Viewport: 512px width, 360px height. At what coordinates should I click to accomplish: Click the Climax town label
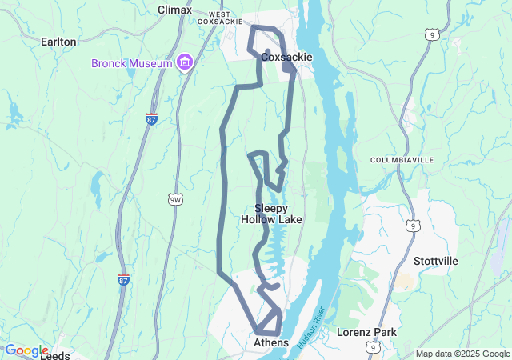(174, 10)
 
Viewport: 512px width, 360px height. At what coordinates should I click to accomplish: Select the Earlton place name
(58, 42)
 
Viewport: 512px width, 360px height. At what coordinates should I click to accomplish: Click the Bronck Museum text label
(131, 62)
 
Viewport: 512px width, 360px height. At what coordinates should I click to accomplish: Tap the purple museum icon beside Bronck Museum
(185, 62)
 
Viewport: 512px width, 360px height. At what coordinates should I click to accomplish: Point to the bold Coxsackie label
(286, 58)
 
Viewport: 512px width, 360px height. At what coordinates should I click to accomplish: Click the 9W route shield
(174, 198)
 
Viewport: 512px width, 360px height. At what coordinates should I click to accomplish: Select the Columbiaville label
(402, 160)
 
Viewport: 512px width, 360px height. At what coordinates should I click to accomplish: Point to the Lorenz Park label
(366, 331)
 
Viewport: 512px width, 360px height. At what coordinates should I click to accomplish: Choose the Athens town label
(270, 342)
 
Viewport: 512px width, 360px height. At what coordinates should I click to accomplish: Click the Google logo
(26, 350)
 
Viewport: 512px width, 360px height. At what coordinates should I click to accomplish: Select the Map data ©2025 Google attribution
(462, 354)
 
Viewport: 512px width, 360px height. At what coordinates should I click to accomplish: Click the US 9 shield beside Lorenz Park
(373, 346)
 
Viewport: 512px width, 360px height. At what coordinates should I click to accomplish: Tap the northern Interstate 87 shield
(151, 119)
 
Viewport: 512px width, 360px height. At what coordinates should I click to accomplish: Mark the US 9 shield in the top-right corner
(431, 34)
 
